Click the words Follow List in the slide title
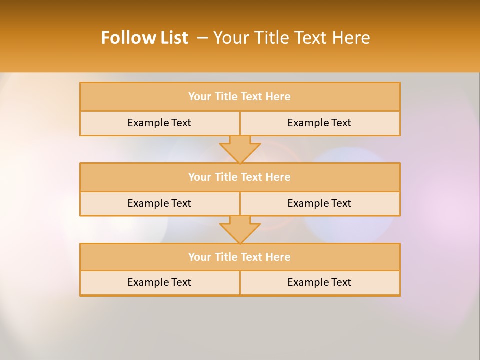click(144, 38)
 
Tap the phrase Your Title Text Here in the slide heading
click(292, 38)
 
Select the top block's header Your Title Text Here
click(239, 97)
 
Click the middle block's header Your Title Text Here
click(239, 177)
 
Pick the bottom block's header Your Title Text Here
click(239, 257)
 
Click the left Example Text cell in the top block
click(159, 123)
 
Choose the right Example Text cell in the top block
click(319, 123)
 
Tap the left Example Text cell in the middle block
click(159, 203)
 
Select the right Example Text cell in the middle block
click(319, 203)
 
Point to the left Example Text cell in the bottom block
click(159, 282)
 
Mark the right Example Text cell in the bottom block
click(319, 282)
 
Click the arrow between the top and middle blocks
click(240, 149)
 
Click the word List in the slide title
click(172, 38)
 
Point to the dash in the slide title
click(202, 38)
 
